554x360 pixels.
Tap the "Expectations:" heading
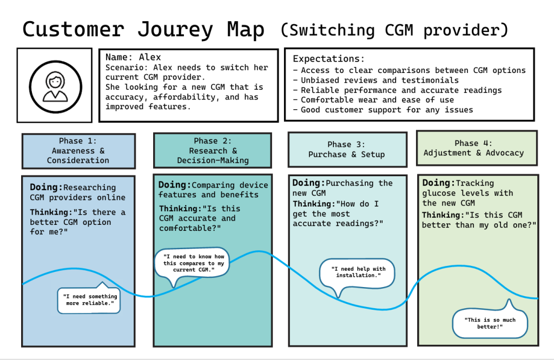coord(328,58)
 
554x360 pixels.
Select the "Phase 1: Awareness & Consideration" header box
coord(78,151)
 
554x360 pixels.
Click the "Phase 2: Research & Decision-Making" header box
coord(212,151)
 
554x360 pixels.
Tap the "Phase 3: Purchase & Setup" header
coord(346,149)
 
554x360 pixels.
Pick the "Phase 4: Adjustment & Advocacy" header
coord(473,148)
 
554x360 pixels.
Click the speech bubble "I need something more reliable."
coord(89,300)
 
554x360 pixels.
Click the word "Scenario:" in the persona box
coord(127,68)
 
